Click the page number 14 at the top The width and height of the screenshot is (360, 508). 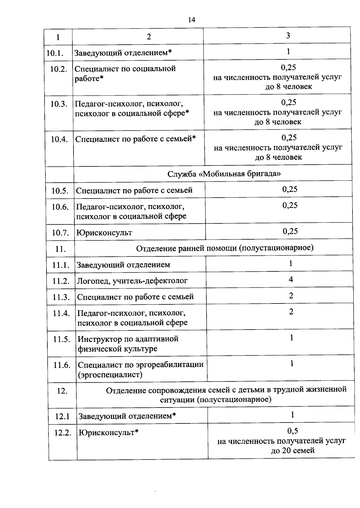[191, 20]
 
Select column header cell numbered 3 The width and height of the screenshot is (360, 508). [288, 36]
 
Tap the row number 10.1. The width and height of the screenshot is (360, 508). [55, 53]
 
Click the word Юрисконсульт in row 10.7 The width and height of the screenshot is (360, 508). [104, 233]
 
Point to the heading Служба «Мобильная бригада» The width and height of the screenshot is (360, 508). [224, 174]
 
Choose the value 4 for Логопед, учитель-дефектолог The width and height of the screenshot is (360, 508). [291, 280]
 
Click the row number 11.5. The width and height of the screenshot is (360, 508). [61, 339]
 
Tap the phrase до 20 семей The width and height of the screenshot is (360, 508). [292, 450]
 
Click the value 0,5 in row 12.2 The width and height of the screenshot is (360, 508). [292, 431]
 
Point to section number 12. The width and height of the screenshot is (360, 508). [62, 391]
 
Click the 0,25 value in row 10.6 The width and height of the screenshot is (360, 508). [290, 205]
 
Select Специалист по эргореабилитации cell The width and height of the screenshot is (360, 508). [140, 369]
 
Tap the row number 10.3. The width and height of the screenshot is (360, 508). [58, 104]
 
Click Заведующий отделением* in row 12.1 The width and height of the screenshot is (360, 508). [127, 416]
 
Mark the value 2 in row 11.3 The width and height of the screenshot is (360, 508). [291, 296]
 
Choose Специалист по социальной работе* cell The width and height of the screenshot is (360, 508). [125, 73]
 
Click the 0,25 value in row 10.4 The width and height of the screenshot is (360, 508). [289, 138]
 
